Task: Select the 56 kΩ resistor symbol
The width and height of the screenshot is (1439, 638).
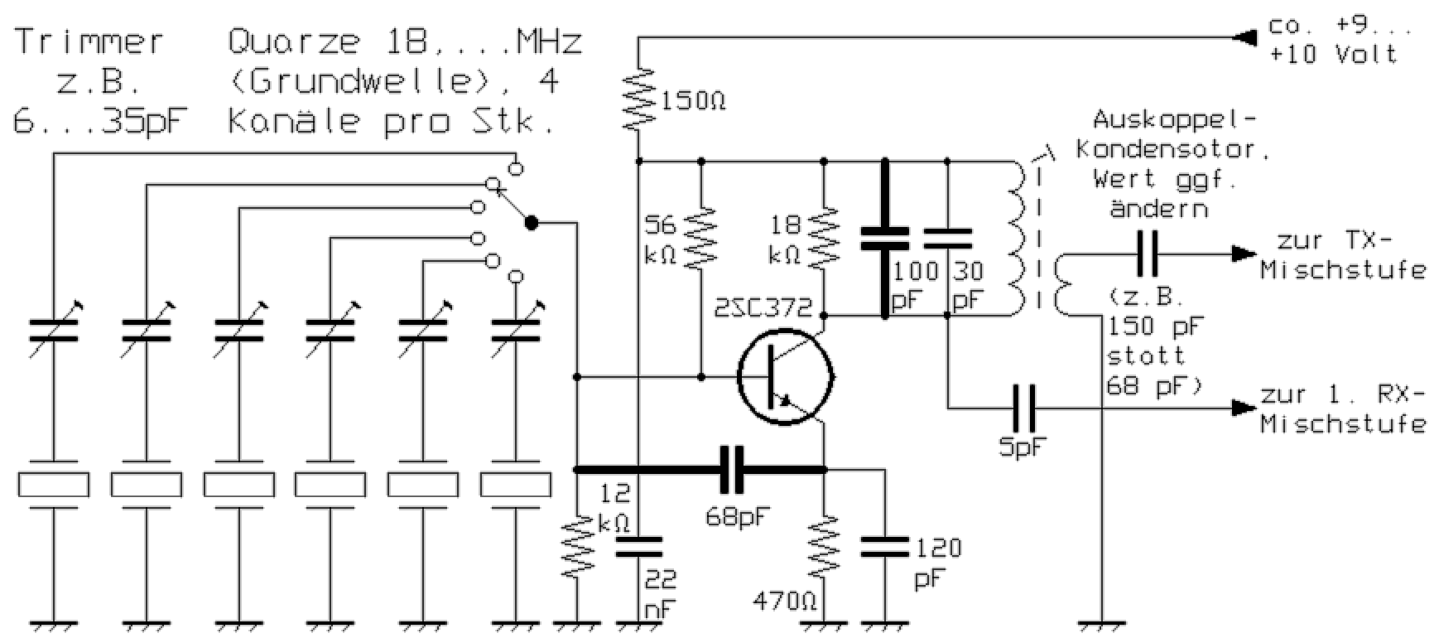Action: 701,237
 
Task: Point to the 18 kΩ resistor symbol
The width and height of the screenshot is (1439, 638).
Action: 825,237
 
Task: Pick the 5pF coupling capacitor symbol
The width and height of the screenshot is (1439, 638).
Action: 1024,408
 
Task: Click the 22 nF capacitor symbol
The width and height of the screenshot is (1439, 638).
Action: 638,546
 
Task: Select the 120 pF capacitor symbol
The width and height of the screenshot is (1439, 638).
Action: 884,546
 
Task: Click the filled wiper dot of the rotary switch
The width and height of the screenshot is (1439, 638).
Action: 532,223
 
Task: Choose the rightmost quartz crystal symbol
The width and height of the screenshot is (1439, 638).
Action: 516,485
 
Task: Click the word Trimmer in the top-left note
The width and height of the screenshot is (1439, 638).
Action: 89,41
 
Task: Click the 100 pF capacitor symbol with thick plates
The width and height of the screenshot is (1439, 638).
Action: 884,238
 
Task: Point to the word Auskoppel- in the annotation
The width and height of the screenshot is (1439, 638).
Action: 1174,120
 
